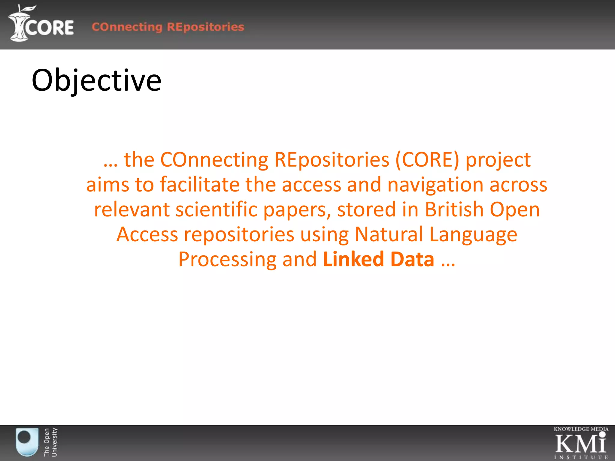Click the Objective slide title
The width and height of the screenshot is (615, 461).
pyautogui.click(x=96, y=80)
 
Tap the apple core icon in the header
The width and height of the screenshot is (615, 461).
pyautogui.click(x=19, y=24)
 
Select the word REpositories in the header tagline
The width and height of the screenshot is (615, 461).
pyautogui.click(x=206, y=27)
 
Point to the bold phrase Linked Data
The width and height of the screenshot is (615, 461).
pyautogui.click(x=378, y=259)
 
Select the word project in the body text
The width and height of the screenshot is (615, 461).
pyautogui.click(x=498, y=160)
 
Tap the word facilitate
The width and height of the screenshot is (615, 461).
pyautogui.click(x=200, y=184)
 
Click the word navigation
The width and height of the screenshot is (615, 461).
pyautogui.click(x=435, y=185)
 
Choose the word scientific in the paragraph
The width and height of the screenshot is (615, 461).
pyautogui.click(x=217, y=209)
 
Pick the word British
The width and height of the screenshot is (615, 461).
pyautogui.click(x=454, y=209)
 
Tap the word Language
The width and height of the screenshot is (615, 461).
pyautogui.click(x=473, y=235)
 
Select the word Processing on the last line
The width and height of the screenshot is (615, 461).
pyautogui.click(x=227, y=260)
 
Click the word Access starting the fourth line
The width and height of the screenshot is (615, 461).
pyautogui.click(x=147, y=234)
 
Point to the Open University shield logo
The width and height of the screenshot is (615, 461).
pyautogui.click(x=27, y=442)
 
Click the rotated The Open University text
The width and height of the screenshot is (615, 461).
pyautogui.click(x=50, y=442)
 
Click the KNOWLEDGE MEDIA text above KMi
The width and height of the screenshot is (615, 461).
pyautogui.click(x=581, y=429)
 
